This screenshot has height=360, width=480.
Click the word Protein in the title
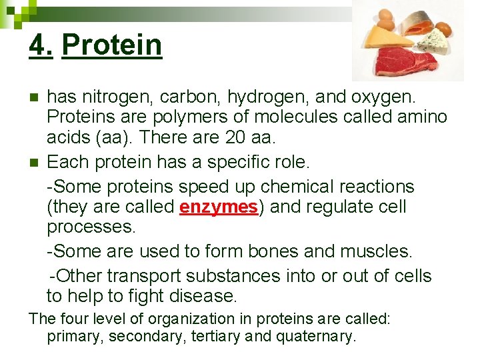coord(111,45)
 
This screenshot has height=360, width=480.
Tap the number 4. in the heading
coord(41,45)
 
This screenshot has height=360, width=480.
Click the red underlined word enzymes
coord(219,207)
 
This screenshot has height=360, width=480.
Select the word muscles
coord(376,251)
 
